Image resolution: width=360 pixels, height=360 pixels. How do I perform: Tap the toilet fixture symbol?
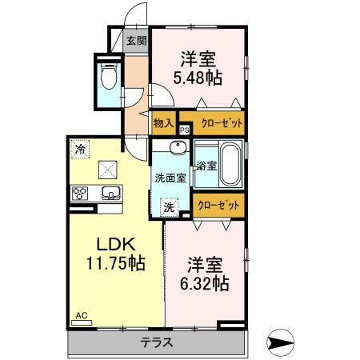(x=110, y=78)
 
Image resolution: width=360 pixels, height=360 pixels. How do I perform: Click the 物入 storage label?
(x=163, y=123)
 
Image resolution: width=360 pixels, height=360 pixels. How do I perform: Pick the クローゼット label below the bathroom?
(x=218, y=205)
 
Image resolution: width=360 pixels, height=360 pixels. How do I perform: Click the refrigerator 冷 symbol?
(x=79, y=148)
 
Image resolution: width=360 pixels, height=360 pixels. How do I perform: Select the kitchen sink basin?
(x=110, y=193)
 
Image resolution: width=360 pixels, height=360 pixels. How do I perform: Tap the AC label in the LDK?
(x=82, y=317)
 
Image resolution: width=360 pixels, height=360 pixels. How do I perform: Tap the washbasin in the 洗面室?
(x=178, y=148)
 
